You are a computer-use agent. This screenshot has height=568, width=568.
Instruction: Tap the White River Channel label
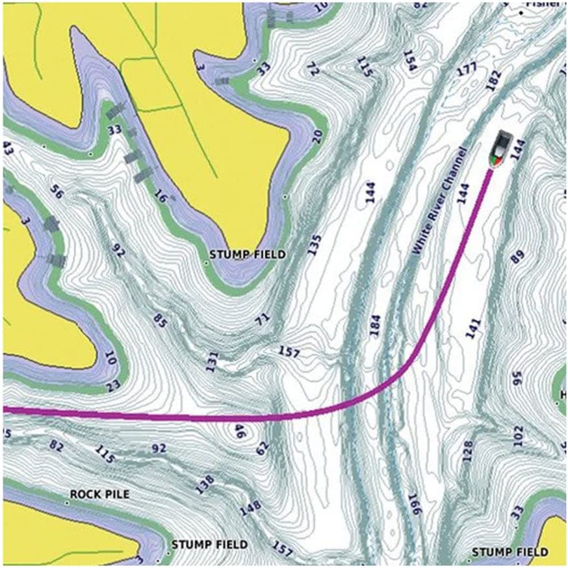[x=439, y=201]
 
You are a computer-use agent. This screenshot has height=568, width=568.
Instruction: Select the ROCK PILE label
[x=99, y=495]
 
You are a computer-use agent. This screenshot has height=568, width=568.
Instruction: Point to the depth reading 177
[x=467, y=68]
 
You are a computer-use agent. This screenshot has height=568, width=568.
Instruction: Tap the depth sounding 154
[x=409, y=60]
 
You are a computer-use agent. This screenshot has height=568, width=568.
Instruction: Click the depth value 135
[x=315, y=246]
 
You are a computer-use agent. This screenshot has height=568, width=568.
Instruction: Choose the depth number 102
[x=517, y=436]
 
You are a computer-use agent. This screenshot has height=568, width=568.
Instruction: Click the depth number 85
[x=159, y=319]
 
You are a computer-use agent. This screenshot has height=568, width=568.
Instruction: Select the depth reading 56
[x=57, y=193]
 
